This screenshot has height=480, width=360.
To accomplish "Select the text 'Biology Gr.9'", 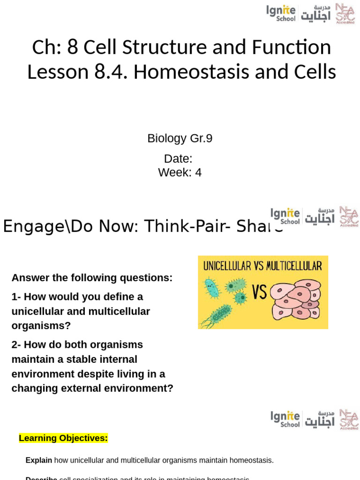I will point(180,138).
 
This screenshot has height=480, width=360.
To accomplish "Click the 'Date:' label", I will point(178,158).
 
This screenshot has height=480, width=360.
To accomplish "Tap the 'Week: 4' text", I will point(180,172).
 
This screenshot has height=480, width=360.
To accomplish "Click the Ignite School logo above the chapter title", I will point(281,13).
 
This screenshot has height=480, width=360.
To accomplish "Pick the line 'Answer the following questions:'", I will point(92,277).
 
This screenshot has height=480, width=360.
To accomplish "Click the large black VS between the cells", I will point(259,292).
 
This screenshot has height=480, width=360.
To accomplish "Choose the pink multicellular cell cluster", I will point(296,299).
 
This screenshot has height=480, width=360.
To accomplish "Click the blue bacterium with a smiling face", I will point(212,288).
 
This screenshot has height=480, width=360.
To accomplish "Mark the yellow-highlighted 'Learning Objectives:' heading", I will point(63,438).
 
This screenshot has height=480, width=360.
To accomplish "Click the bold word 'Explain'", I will point(39,460).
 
